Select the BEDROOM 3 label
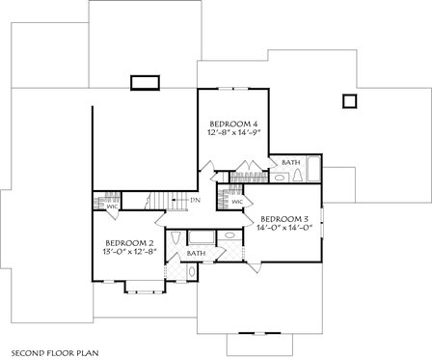pyautogui.click(x=284, y=218)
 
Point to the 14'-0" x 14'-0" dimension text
pyautogui.click(x=284, y=228)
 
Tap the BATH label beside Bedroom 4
pyautogui.click(x=289, y=163)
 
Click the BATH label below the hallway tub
pyautogui.click(x=196, y=253)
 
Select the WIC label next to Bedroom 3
pyautogui.click(x=236, y=202)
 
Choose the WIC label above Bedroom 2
pyautogui.click(x=111, y=205)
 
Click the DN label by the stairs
pyautogui.click(x=195, y=200)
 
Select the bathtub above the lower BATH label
pyautogui.click(x=201, y=236)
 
